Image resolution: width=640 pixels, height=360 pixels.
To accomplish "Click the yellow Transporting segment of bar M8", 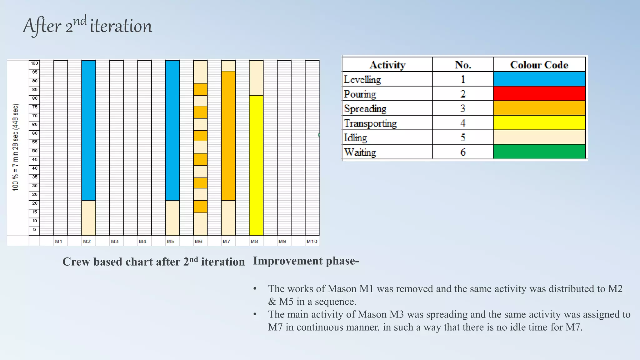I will [256, 166].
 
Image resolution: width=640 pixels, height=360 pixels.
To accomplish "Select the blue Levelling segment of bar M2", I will [88, 130].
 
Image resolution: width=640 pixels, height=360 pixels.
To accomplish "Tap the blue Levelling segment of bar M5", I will [172, 130].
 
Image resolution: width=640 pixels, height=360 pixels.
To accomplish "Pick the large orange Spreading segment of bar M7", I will [228, 136].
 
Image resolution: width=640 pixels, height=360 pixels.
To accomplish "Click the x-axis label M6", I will [198, 241].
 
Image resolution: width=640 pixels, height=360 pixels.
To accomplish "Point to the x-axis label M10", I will [312, 241].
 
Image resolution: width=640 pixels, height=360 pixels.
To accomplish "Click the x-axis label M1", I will [58, 241].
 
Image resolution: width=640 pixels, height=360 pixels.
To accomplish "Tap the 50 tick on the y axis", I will [34, 151].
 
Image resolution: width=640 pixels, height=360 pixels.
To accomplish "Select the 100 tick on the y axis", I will [34, 63].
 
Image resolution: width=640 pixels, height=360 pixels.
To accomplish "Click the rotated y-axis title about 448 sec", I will [16, 147].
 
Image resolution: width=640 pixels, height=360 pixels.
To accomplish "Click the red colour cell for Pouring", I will [539, 93].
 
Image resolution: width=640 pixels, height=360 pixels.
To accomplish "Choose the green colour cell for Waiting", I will [539, 152].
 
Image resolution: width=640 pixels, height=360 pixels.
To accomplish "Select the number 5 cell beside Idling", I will [463, 137].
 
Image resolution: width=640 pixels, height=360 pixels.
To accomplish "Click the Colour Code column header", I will [539, 65].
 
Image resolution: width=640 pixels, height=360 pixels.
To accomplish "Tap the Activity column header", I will [387, 65].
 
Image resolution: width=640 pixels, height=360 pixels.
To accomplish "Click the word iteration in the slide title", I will [121, 26].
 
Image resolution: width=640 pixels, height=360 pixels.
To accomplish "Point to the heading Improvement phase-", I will [306, 261].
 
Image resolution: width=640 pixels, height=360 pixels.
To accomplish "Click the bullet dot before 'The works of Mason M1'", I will [255, 289].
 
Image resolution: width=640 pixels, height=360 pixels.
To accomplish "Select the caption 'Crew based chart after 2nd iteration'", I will [153, 262].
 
